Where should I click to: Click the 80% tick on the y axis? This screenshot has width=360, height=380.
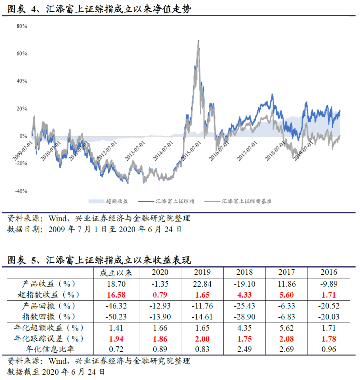pos(22,26)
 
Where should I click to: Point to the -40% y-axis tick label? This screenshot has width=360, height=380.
pos(21,191)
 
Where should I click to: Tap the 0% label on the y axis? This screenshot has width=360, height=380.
pos(23,136)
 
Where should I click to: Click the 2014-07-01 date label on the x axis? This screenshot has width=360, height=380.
pos(163,151)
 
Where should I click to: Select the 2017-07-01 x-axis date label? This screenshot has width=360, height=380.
pos(247,151)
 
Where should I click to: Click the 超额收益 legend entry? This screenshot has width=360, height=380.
pos(108,201)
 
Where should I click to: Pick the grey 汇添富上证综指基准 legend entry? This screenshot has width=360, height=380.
pos(238,201)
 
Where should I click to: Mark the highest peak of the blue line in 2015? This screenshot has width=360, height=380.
pos(199,40)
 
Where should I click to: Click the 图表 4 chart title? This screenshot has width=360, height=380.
pos(99,9)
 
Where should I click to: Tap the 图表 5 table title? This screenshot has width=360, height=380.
pos(99,260)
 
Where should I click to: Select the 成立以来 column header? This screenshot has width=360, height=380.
pos(116,273)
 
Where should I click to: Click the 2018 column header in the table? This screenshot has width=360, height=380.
pos(245,272)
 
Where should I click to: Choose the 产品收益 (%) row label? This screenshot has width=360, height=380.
pos(49,284)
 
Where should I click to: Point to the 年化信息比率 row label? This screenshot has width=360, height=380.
pos(50,349)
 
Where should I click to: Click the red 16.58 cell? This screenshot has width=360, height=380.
pos(116,295)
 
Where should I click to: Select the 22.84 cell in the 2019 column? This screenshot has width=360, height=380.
pos(202,284)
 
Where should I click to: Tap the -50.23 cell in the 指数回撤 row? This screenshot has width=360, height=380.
pos(116,317)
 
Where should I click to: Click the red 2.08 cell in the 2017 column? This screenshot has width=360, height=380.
pos(286,339)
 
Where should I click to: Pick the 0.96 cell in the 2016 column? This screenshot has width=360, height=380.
pos(329,349)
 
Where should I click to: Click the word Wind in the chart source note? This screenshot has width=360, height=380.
pos(58,218)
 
